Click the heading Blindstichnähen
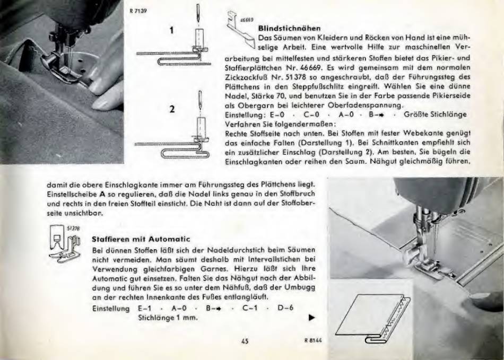[x=289, y=28]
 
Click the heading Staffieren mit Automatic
[x=141, y=239]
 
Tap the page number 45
[x=245, y=341]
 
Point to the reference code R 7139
[x=138, y=11]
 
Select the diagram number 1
[x=172, y=31]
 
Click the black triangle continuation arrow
[x=311, y=318]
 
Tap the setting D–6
[x=285, y=308]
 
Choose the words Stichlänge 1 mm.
[x=168, y=318]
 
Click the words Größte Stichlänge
[x=435, y=115]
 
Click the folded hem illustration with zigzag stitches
[x=373, y=319]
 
